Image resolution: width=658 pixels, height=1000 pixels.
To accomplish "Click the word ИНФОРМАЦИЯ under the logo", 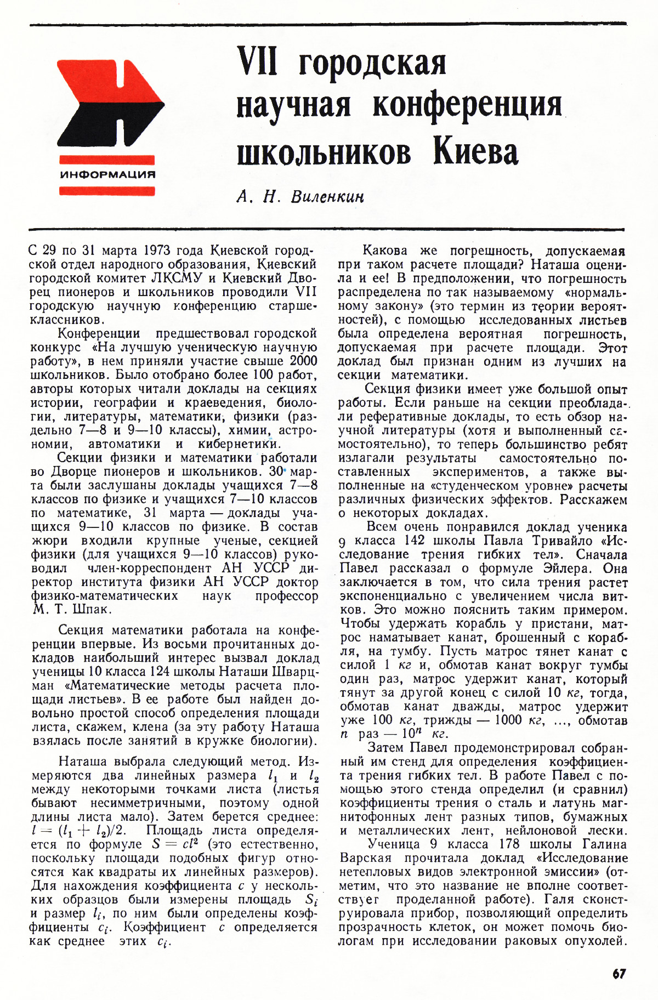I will point(107,175).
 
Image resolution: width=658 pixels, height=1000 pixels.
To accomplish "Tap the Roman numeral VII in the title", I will point(258,61).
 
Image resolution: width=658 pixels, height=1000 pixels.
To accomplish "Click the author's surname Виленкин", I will point(328,196).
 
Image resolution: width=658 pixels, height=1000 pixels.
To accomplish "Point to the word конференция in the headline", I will point(467,105).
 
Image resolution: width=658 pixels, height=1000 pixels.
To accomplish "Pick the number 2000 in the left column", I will point(303,361).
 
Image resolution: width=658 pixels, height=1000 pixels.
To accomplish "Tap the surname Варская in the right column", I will point(366,858).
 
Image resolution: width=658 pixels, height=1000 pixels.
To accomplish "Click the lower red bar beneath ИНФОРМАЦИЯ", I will point(107,191).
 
